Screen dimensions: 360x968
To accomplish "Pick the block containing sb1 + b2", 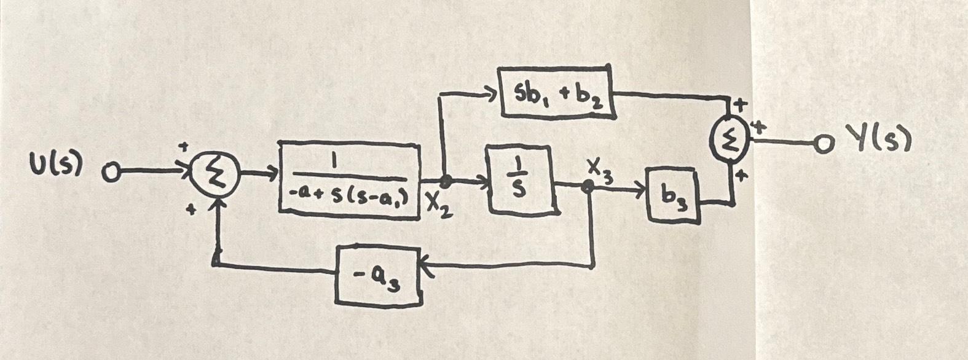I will click(557, 93).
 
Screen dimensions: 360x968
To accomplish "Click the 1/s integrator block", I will click(521, 181).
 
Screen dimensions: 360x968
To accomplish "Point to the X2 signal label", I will click(439, 207).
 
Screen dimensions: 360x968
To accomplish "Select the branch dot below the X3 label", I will click(588, 189).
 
